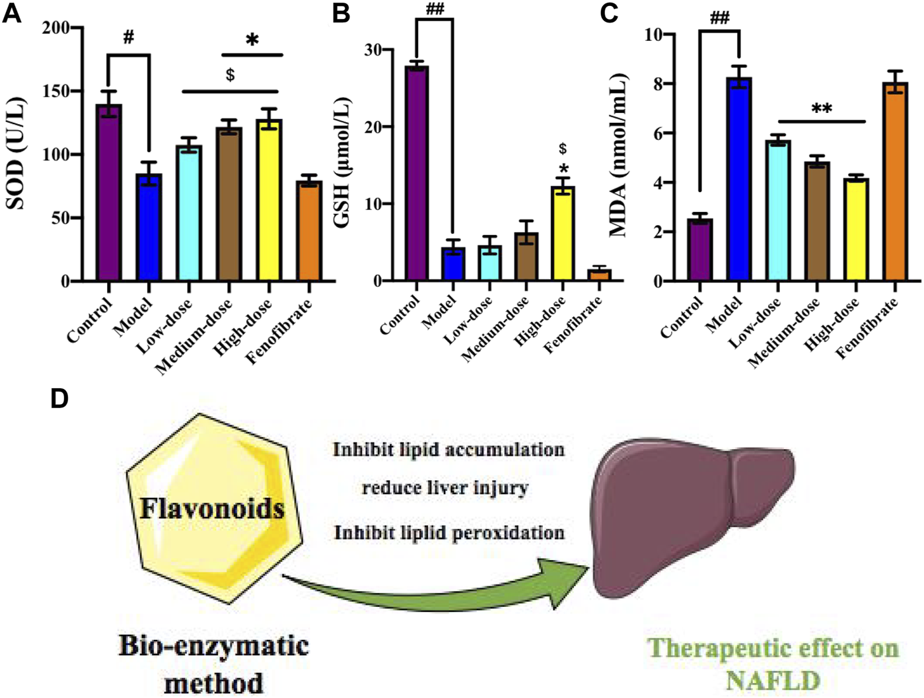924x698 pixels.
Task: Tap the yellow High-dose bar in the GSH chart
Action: point(563,234)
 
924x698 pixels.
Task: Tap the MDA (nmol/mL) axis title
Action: point(618,156)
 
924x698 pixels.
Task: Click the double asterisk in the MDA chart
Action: point(822,108)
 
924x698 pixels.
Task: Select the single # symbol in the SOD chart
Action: point(128,37)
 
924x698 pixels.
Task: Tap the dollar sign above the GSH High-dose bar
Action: point(563,149)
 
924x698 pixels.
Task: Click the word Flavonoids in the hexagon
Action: point(213,508)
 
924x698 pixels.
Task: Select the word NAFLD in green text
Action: point(773,680)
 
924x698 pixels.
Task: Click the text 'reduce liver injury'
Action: point(445,489)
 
